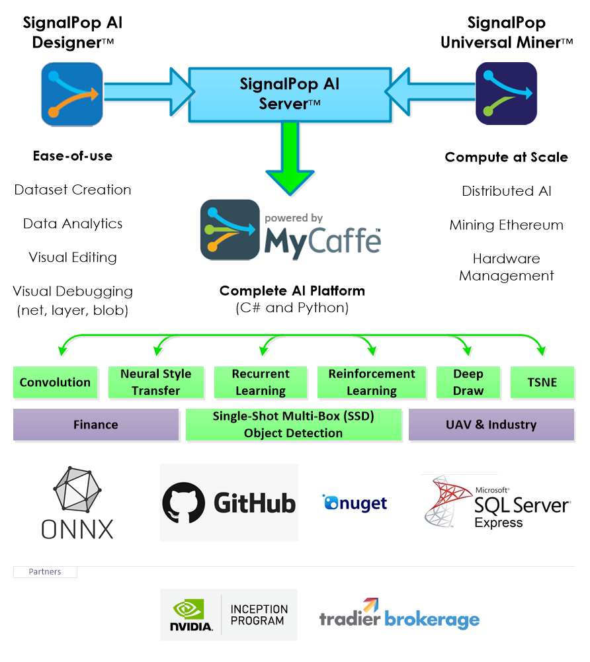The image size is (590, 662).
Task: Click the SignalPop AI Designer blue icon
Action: pos(72,94)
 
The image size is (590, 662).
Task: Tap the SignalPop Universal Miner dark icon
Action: pos(507,93)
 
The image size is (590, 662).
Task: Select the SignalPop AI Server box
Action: pos(290,95)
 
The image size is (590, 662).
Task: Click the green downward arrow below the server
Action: pos(290,158)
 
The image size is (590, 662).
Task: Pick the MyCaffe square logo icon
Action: pos(230,229)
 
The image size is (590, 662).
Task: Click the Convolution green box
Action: pos(56,382)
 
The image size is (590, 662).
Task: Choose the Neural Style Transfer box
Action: pos(156,382)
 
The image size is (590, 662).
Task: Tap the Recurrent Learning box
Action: pos(261,382)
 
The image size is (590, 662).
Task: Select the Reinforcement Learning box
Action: pos(372,382)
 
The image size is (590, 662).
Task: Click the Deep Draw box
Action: pos(468,382)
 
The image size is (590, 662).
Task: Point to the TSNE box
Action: pos(542,382)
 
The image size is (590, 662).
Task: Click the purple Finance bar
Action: pos(96,425)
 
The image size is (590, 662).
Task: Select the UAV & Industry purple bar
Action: pos(491,425)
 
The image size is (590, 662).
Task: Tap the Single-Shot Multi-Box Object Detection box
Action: pos(294,425)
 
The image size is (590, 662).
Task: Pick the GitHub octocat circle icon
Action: pos(184,503)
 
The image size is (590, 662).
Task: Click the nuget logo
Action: pos(355,503)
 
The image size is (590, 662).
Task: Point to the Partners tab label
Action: pos(45,571)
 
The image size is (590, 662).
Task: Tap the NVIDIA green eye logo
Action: pos(189,610)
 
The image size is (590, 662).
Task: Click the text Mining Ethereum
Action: pos(507,225)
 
